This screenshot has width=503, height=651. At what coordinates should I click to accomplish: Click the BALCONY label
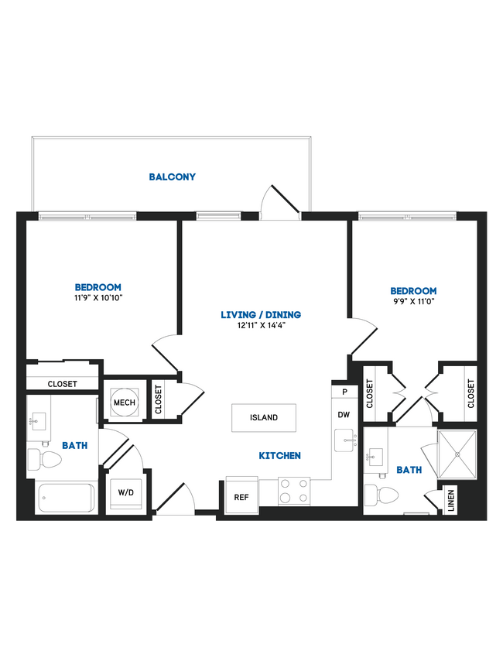tap(173, 176)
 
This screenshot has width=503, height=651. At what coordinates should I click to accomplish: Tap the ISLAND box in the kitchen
tap(263, 418)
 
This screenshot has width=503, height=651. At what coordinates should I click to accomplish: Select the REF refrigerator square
tap(241, 497)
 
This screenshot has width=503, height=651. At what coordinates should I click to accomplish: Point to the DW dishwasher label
tap(344, 415)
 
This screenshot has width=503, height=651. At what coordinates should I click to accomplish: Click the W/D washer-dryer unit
tap(125, 492)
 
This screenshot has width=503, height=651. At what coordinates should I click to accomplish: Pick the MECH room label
tap(124, 403)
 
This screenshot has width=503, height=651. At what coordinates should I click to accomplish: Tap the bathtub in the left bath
tap(66, 497)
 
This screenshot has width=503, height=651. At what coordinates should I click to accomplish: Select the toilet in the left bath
tap(45, 461)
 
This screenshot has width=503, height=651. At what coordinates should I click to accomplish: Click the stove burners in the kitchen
tap(293, 491)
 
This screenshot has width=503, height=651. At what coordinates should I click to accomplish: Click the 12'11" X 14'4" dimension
tap(260, 326)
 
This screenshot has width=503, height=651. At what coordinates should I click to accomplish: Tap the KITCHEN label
tap(280, 456)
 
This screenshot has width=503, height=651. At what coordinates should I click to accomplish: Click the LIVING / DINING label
tap(261, 314)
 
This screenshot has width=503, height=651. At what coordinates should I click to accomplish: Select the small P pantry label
tap(343, 392)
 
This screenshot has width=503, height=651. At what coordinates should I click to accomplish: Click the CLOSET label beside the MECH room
tap(158, 400)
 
